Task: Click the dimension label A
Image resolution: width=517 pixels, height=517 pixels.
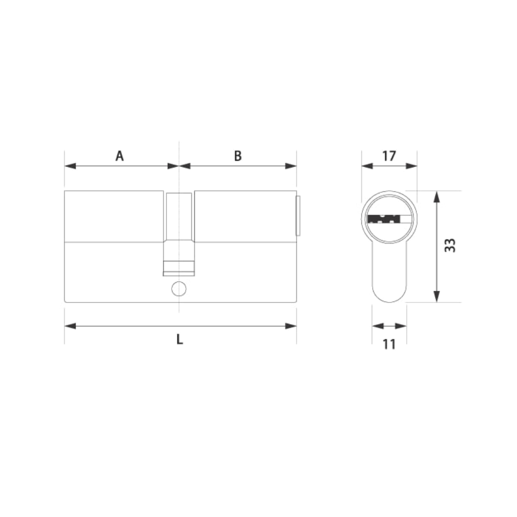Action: pos(120,156)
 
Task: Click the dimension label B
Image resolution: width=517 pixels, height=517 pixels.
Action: pos(238,156)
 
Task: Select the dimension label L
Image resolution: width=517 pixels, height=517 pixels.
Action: pos(180,339)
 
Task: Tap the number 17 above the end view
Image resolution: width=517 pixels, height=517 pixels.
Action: pos(389,156)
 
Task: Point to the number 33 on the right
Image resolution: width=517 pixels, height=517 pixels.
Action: pos(450,245)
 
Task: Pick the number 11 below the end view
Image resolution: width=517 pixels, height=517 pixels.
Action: pos(389,344)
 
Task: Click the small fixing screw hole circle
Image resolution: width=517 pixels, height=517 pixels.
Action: pos(179,289)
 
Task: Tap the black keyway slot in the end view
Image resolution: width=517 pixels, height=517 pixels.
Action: pos(384,219)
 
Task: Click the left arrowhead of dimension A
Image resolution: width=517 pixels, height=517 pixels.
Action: pos(70,166)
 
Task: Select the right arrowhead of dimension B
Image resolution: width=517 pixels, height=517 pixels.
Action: pos(291,166)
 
